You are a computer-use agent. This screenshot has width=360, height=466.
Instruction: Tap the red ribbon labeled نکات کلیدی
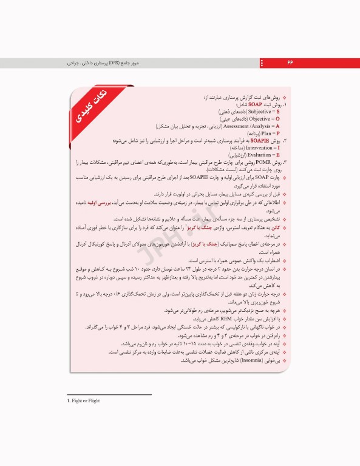(x=95, y=106)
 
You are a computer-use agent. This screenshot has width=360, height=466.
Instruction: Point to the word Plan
(x=268, y=133)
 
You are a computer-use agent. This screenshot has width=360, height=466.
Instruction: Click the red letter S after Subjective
(x=277, y=112)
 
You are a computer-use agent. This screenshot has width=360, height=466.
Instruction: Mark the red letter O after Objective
(x=277, y=120)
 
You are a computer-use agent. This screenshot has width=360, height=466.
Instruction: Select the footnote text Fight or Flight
(x=85, y=401)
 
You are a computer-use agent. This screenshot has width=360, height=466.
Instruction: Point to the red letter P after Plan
(x=277, y=133)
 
